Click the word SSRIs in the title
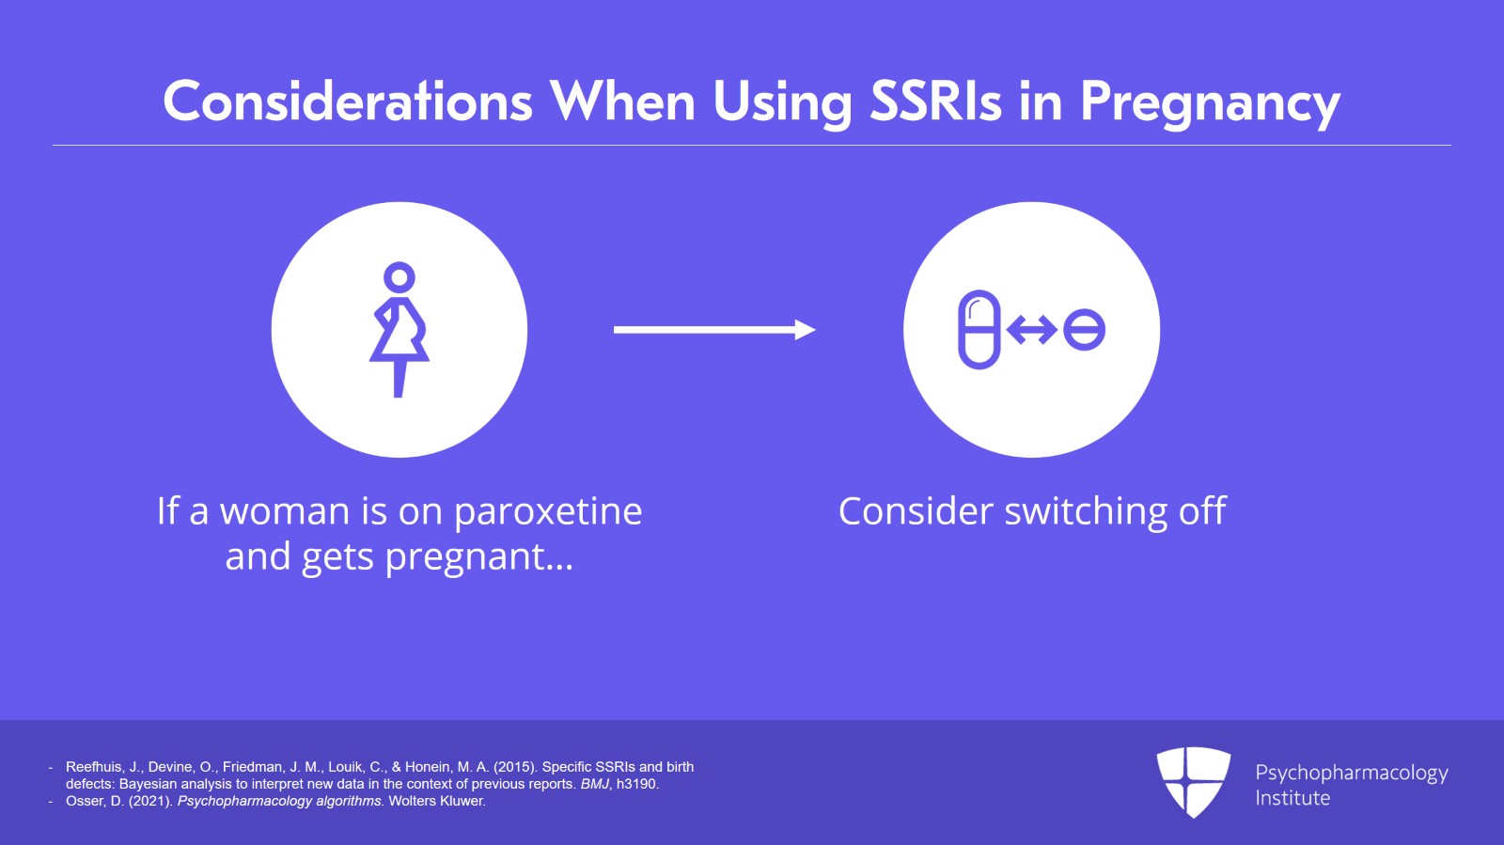pos(935,102)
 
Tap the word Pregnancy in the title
pos(1211,104)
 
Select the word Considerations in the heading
pos(348,102)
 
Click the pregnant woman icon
pos(399,330)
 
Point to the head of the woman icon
pos(399,276)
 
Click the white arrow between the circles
pos(714,330)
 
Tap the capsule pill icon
pos(979,330)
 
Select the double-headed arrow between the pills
pos(1032,330)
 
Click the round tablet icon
pos(1085,330)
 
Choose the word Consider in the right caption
pos(916,511)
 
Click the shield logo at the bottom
pos(1193,782)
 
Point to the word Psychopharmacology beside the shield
pos(1352,774)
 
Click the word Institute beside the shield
pos(1292,798)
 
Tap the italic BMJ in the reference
pos(594,784)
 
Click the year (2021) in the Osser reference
pos(151,802)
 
